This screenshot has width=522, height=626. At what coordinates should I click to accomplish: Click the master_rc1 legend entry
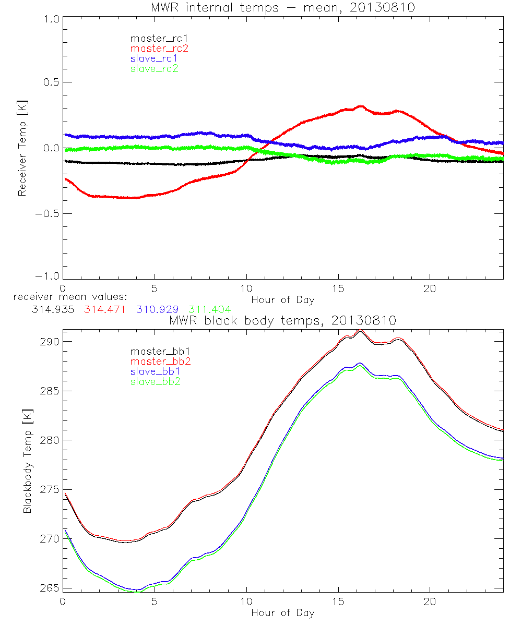153,38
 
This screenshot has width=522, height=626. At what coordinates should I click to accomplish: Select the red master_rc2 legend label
153,48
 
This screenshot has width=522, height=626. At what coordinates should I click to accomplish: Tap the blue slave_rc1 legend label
153,58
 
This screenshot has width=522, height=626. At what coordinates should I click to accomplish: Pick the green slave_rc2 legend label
153,68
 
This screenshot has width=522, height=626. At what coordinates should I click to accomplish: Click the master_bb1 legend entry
153,352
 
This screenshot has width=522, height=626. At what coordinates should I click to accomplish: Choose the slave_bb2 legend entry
153,381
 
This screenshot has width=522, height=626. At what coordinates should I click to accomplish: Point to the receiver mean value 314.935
54,309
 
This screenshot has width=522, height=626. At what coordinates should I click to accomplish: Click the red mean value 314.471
105,309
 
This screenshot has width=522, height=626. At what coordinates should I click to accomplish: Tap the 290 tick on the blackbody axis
49,342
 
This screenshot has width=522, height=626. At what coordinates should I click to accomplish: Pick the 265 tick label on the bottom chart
49,588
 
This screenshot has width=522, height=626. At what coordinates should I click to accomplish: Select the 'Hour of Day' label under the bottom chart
283,612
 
